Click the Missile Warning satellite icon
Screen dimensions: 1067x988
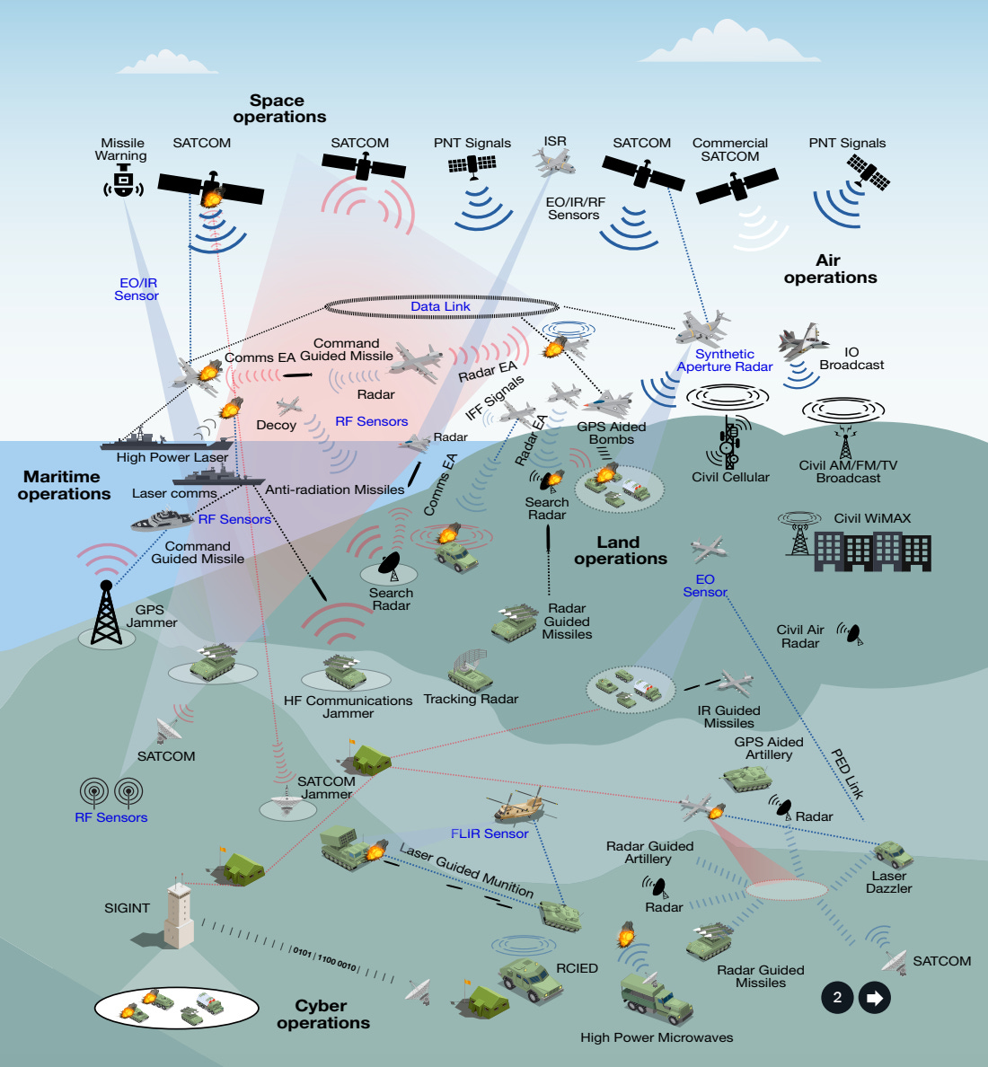[x=123, y=182]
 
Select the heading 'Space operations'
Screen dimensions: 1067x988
[x=279, y=109]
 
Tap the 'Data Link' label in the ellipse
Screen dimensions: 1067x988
[x=440, y=306]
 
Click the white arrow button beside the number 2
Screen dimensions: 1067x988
[x=874, y=997]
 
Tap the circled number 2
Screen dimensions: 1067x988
[x=837, y=997]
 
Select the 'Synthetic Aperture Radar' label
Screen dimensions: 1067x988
[x=725, y=360]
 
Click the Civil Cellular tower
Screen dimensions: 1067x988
[x=730, y=440]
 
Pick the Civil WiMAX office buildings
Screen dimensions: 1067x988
[x=871, y=551]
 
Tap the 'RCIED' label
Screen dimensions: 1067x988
[x=577, y=968]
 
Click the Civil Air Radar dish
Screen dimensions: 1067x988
[x=850, y=633]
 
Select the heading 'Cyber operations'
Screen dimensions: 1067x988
[x=322, y=1014]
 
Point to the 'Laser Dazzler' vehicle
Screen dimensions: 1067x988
[x=893, y=852]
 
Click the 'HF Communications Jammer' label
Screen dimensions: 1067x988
[x=348, y=707]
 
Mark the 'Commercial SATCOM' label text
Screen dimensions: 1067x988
[x=730, y=149]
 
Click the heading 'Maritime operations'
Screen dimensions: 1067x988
[x=64, y=485]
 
